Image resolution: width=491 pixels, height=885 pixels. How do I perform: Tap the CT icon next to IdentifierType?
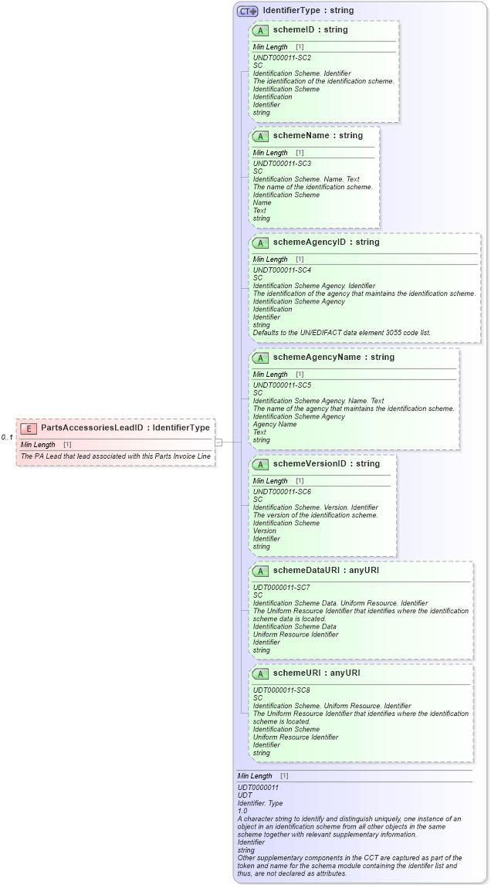[x=247, y=12]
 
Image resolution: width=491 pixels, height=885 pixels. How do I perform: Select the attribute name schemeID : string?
[x=310, y=30]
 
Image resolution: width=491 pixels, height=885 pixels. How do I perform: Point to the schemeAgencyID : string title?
[x=326, y=242]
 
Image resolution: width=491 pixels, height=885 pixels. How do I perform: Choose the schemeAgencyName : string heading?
[x=334, y=358]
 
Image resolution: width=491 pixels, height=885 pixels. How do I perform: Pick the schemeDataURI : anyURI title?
[x=326, y=571]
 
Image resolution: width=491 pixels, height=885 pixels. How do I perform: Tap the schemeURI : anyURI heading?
[x=317, y=673]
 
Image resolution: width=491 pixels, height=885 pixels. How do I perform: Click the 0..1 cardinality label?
[x=7, y=438]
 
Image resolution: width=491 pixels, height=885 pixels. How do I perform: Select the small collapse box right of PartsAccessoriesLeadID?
[x=218, y=442]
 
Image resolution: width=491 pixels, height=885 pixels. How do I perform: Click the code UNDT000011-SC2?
[x=282, y=57]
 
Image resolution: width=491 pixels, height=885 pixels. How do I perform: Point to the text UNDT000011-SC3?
[x=282, y=164]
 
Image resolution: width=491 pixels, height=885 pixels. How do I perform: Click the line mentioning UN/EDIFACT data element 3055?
[x=342, y=333]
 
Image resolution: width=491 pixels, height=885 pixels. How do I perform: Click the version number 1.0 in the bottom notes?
[x=242, y=811]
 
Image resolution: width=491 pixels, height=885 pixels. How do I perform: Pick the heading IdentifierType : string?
[x=308, y=11]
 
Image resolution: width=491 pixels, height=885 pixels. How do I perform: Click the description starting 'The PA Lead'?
[x=116, y=456]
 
